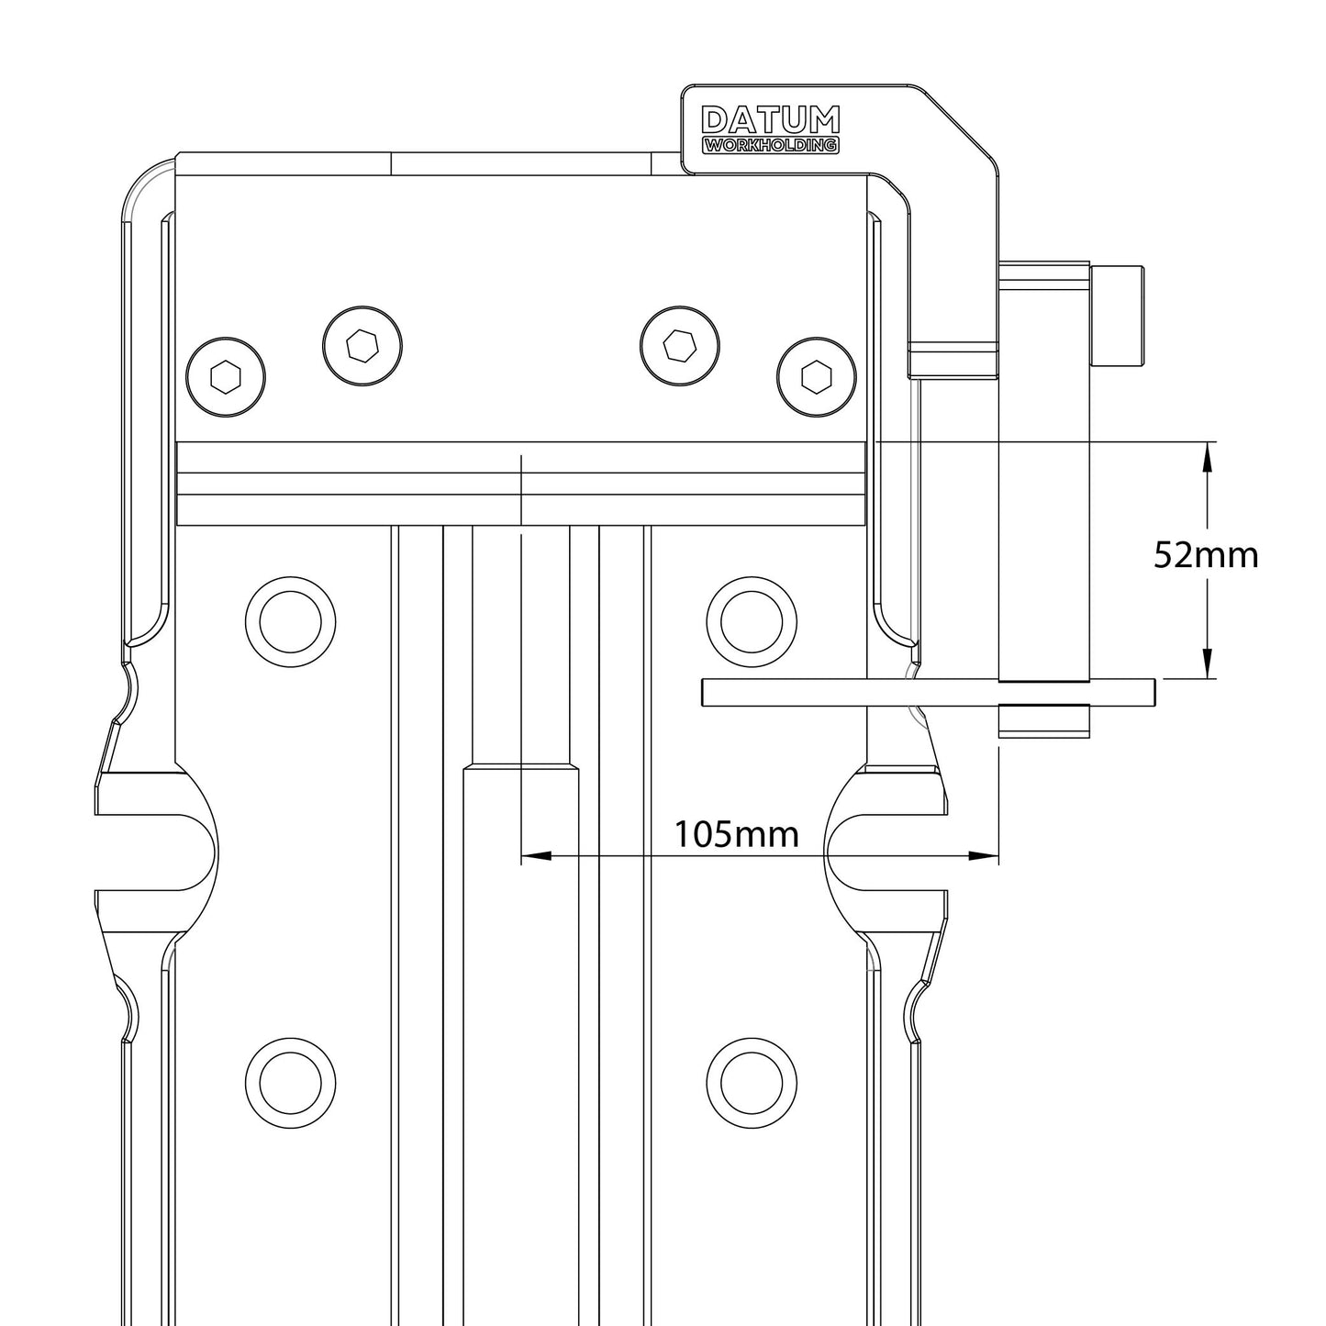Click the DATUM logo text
[x=769, y=120]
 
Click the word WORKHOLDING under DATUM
[x=769, y=145]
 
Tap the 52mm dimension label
[x=1205, y=555]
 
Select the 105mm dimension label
[x=736, y=834]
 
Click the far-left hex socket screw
[x=226, y=376]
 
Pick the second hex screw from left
[x=364, y=346]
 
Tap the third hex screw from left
[x=680, y=346]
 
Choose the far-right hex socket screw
[x=816, y=376]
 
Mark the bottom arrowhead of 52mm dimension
[x=1207, y=664]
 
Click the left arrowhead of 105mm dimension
[x=536, y=856]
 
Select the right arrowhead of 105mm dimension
[x=984, y=856]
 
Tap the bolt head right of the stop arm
[x=1119, y=314]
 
